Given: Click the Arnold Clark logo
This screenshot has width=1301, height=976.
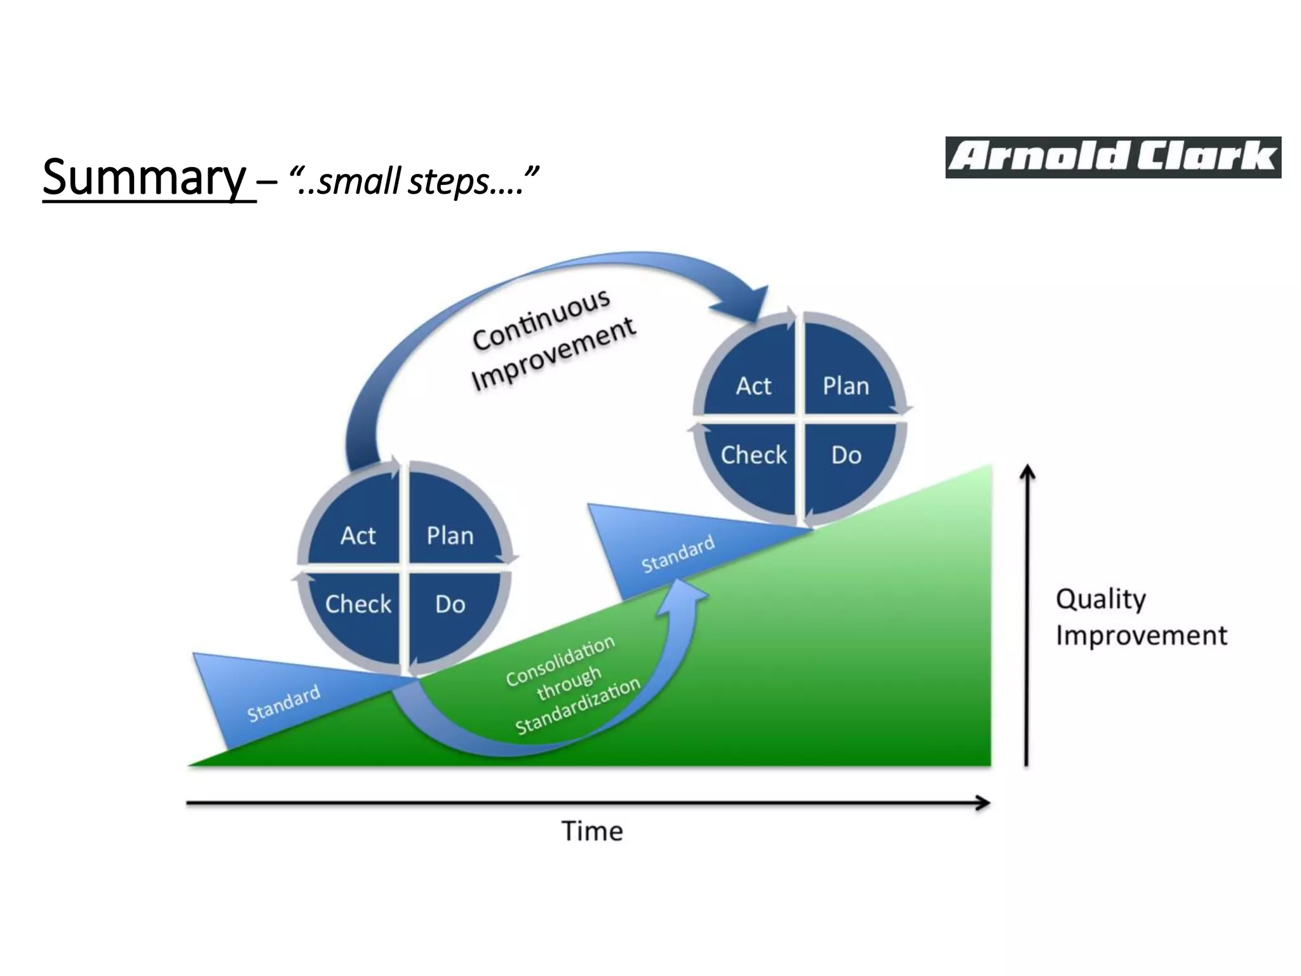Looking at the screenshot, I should pos(1112,157).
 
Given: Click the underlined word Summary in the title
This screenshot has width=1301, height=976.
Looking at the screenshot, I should pos(145,177).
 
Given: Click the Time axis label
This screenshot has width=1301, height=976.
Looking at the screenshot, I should pos(592,831).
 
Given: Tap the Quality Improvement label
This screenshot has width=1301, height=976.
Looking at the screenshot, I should pos(1140,617).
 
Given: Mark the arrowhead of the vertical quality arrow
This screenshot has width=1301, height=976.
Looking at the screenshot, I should pos(1027,471).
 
